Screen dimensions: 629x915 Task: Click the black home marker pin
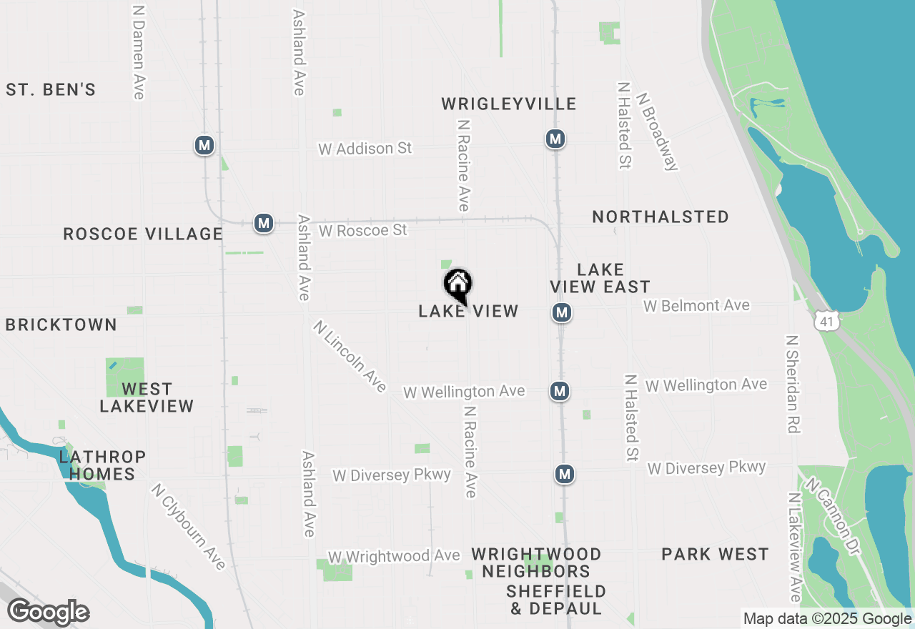click(x=458, y=285)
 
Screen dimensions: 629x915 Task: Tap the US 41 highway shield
click(x=827, y=320)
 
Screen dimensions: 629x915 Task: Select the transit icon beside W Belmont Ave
click(x=562, y=312)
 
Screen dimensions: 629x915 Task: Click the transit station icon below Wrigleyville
click(x=555, y=139)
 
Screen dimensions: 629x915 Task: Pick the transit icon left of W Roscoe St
click(x=264, y=223)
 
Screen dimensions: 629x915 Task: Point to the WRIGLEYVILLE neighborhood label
click(x=508, y=104)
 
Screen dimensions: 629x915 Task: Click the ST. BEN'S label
click(x=51, y=90)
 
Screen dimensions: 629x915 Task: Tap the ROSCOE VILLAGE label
click(x=143, y=234)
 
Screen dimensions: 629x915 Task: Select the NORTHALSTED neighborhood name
click(x=661, y=217)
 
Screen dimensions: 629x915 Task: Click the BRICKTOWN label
click(x=61, y=325)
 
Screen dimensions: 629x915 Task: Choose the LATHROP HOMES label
click(x=103, y=465)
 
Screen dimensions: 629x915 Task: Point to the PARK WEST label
click(x=715, y=555)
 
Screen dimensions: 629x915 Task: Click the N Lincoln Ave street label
click(x=350, y=356)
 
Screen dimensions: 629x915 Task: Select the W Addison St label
click(x=365, y=149)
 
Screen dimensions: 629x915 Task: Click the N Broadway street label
click(x=657, y=132)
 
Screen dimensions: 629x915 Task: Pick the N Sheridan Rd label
click(x=792, y=384)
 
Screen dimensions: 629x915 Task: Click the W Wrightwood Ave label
click(x=394, y=556)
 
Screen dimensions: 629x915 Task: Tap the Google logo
click(x=49, y=612)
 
